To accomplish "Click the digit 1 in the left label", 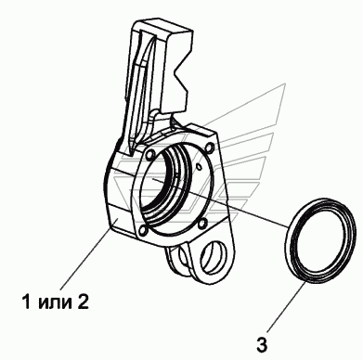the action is click(27, 302).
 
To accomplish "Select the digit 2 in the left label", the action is click(82, 302).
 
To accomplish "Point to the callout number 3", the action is click(262, 344).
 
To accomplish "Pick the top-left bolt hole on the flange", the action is click(151, 153).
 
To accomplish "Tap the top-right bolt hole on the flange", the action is click(210, 147).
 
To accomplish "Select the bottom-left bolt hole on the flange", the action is click(143, 230).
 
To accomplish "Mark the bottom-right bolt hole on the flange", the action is click(202, 224).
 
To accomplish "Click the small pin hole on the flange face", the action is click(200, 167).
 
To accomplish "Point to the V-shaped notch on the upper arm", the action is click(180, 75).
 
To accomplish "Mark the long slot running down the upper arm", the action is click(141, 86).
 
